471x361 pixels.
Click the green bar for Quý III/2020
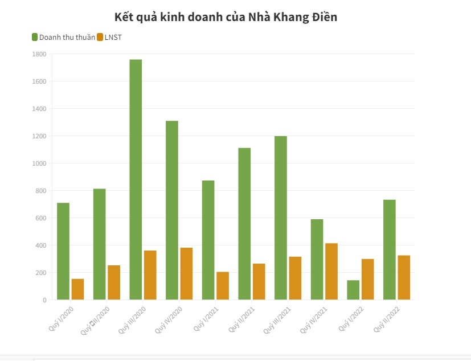point(136,179)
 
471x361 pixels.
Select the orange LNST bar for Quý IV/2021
point(331,271)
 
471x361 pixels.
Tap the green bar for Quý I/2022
point(353,290)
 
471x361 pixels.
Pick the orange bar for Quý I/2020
point(77,289)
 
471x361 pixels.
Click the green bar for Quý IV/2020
point(172,210)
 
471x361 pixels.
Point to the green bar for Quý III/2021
point(281,218)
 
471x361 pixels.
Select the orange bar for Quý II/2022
point(404,277)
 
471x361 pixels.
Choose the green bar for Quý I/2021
point(208,240)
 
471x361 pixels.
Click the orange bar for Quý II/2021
point(259,281)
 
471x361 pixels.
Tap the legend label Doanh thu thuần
point(67,38)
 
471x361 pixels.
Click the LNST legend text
point(113,38)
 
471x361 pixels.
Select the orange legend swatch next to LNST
point(100,38)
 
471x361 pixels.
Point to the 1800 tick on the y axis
point(39,54)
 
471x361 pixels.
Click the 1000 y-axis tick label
point(39,163)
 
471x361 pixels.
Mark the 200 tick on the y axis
point(41,273)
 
